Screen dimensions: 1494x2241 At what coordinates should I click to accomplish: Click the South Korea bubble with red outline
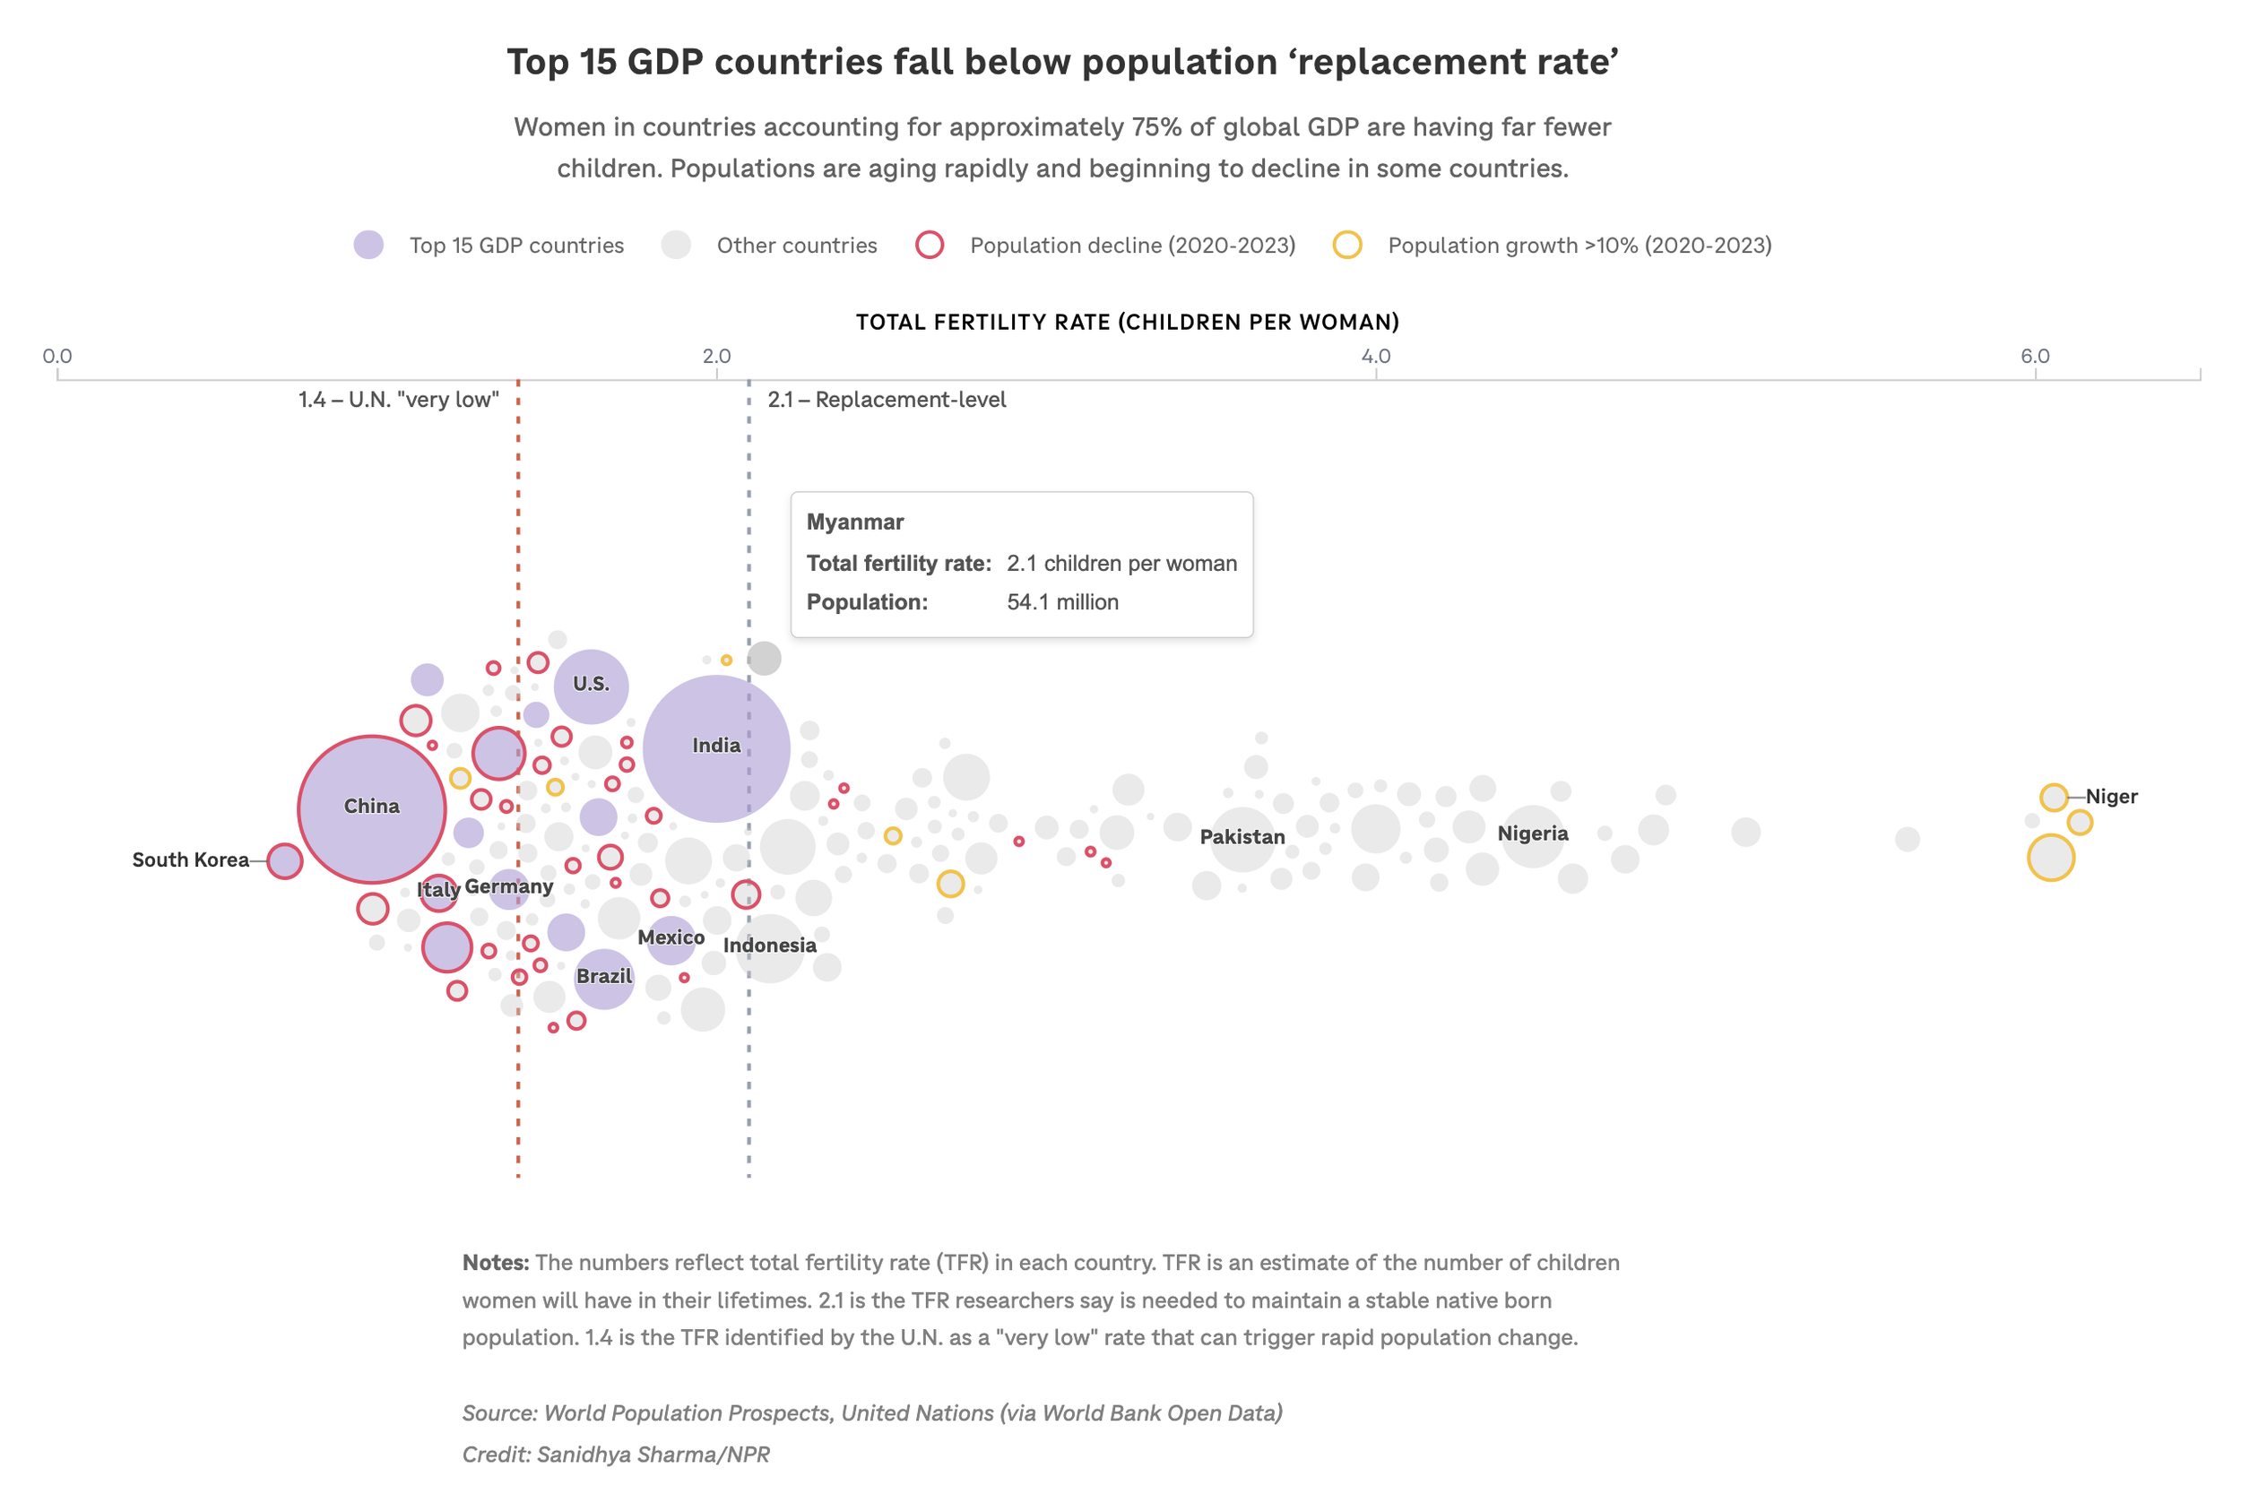(285, 860)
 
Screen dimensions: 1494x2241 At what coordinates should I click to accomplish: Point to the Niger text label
(2110, 797)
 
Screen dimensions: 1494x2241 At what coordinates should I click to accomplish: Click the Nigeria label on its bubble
(1532, 833)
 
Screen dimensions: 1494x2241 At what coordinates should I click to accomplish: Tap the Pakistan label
(1242, 836)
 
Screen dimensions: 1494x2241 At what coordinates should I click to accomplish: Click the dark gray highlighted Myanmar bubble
(764, 659)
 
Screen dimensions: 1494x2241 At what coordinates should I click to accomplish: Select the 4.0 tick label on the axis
(1375, 357)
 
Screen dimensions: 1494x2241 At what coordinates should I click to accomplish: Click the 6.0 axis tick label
(2034, 357)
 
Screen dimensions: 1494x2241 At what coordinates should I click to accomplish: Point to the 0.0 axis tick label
(57, 357)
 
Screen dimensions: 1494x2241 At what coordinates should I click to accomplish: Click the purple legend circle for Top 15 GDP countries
(368, 245)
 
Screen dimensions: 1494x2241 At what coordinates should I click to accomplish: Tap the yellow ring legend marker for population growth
(1346, 245)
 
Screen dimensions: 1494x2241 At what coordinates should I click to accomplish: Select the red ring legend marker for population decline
(929, 245)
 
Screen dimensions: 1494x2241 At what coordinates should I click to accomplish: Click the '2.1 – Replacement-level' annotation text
(887, 399)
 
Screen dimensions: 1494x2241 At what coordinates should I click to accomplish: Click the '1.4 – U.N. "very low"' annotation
(398, 399)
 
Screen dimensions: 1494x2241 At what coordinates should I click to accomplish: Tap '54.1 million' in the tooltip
(1062, 602)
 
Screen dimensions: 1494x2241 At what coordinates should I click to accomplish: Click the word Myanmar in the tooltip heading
(854, 522)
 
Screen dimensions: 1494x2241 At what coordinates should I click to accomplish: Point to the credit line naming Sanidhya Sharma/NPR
(616, 1454)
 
